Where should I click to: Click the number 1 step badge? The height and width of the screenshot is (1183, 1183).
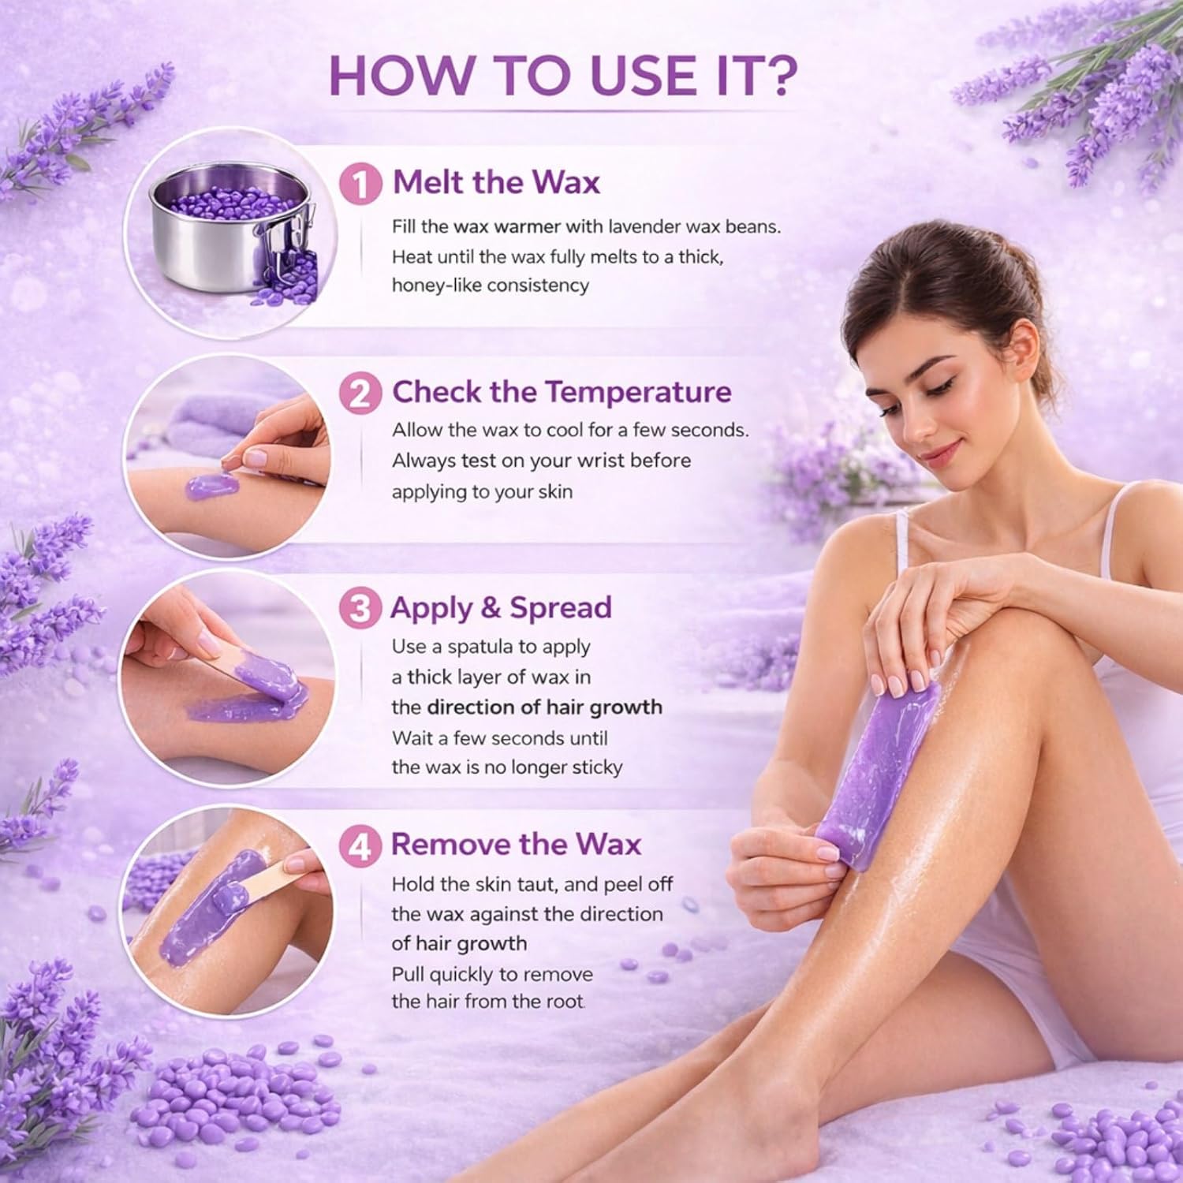[x=360, y=184]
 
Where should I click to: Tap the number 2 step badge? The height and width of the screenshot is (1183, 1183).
[x=360, y=393]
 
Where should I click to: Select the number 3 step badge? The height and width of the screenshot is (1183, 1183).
[x=360, y=609]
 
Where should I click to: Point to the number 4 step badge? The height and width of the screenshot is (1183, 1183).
[x=360, y=845]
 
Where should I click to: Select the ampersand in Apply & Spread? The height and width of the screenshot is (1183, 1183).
[x=491, y=608]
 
